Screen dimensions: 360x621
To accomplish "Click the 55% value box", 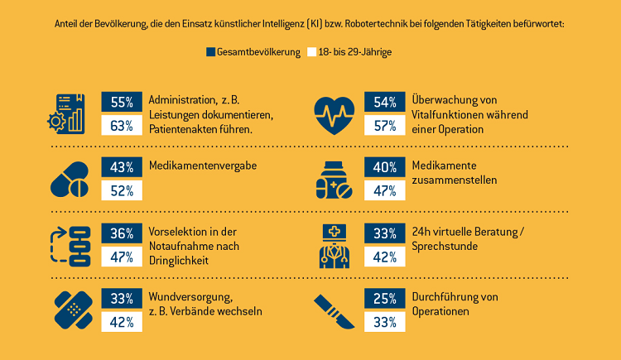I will click(x=122, y=102).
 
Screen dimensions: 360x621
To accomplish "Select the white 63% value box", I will click(x=122, y=126).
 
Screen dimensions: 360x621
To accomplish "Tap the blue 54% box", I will click(x=384, y=102).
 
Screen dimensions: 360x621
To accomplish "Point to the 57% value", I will click(x=384, y=126).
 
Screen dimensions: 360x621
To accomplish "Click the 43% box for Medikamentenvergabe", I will click(x=122, y=166).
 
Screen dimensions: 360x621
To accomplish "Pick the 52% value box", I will click(x=122, y=190).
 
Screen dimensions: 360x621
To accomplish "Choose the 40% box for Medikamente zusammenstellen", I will click(x=384, y=166).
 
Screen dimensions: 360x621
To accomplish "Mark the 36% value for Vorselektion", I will click(x=122, y=233).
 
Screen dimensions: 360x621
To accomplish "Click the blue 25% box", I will click(x=384, y=298).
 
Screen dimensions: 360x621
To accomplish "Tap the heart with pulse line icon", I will click(x=335, y=115).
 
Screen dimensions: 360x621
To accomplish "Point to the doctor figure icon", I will click(x=335, y=245).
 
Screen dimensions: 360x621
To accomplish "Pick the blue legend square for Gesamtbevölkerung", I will click(x=210, y=52).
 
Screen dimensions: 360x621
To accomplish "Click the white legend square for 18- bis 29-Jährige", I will click(x=311, y=52).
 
